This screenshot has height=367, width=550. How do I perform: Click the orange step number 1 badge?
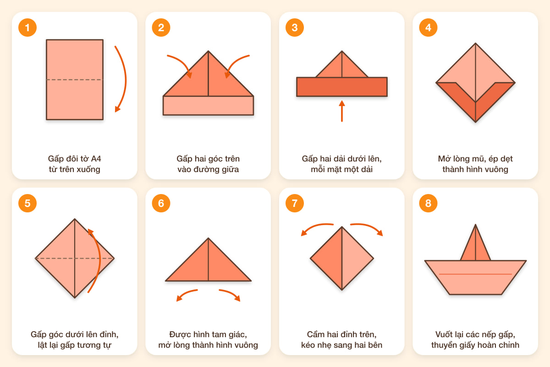[27, 28]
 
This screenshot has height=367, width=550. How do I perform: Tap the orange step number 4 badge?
[428, 28]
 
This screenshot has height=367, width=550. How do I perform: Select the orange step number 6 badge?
[161, 203]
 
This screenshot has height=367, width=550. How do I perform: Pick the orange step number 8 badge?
[428, 203]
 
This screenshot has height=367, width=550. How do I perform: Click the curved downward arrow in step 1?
[126, 78]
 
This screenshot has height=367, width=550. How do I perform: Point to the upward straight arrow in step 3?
[342, 111]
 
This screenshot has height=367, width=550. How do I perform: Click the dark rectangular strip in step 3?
[342, 87]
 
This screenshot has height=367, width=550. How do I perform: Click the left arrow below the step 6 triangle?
[186, 294]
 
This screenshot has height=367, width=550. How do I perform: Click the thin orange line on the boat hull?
[475, 274]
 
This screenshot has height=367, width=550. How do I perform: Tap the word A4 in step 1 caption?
[96, 159]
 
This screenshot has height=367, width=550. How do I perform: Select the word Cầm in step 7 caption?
[316, 334]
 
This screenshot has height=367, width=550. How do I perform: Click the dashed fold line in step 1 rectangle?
[75, 80]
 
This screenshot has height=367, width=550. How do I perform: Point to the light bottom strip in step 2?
[208, 106]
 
